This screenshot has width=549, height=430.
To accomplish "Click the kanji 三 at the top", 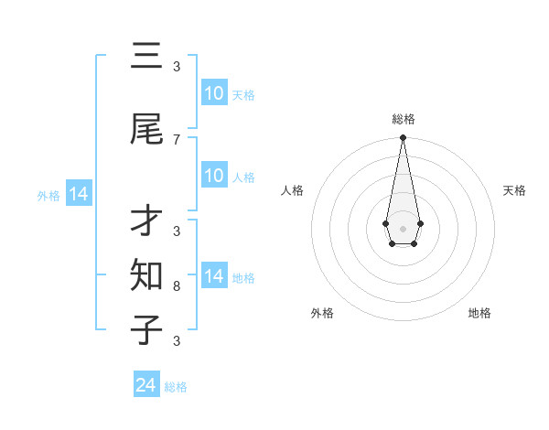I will click(x=146, y=57).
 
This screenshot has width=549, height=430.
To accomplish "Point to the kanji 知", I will click(x=146, y=274).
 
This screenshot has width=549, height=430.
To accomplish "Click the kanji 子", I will click(x=146, y=328).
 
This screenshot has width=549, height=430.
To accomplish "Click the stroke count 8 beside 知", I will click(x=177, y=285).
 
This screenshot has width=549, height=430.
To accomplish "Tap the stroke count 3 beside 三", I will click(x=177, y=67).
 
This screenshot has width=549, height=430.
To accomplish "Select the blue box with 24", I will click(x=146, y=385).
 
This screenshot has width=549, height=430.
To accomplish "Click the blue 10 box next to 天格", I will click(x=214, y=92).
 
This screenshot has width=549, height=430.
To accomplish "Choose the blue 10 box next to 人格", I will click(x=214, y=176).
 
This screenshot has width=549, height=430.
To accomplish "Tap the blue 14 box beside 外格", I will click(x=78, y=194).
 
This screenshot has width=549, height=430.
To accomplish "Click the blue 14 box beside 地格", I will click(x=214, y=276).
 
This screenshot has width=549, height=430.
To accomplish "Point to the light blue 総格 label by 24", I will click(x=176, y=387).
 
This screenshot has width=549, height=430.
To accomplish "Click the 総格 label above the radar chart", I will click(x=403, y=119).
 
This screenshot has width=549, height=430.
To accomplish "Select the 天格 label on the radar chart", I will click(x=515, y=190).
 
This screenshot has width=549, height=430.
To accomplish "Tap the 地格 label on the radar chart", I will click(x=479, y=313).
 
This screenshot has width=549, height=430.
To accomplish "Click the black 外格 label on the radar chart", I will click(x=322, y=313).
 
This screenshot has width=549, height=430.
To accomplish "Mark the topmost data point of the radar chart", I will click(x=403, y=137).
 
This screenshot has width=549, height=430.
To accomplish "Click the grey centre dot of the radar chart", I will click(x=403, y=227).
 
